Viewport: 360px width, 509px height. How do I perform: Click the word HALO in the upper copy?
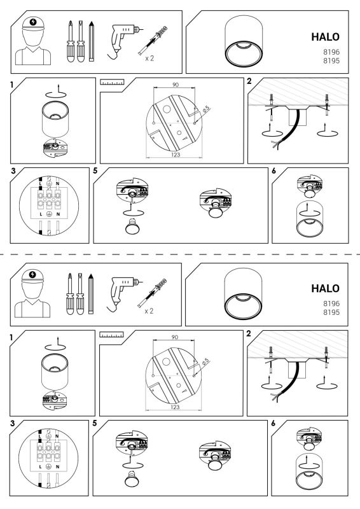[x=325, y=37]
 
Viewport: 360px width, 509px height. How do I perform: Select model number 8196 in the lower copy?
[x=331, y=303]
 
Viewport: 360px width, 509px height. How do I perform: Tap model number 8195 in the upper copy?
[x=331, y=60]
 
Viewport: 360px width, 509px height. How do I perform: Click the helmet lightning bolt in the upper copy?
[x=33, y=22]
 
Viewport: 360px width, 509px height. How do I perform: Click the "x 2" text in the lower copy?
[x=149, y=311]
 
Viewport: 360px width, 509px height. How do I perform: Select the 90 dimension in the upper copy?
[x=176, y=85]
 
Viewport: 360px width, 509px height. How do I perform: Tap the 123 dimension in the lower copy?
[x=175, y=407]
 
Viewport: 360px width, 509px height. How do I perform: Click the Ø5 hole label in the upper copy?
[x=206, y=109]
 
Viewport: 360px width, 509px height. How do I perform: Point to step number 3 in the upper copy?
[x=13, y=171]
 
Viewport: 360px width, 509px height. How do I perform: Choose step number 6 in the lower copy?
[x=273, y=423]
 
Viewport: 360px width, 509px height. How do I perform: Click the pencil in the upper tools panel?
[x=92, y=41]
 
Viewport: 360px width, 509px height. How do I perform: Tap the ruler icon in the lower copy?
[x=111, y=335]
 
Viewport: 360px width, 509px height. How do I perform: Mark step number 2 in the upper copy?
[x=249, y=81]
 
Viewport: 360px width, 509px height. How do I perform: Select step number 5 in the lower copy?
[x=95, y=423]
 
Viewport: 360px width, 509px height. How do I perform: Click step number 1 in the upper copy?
[x=11, y=85]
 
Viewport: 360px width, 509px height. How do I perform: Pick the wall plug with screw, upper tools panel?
[x=153, y=41]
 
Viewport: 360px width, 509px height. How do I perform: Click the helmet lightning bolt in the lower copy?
[x=32, y=275]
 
